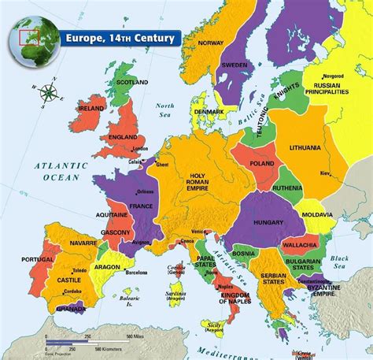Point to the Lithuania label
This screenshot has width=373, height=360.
(x=304, y=147)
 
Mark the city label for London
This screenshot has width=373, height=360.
(x=142, y=148)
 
